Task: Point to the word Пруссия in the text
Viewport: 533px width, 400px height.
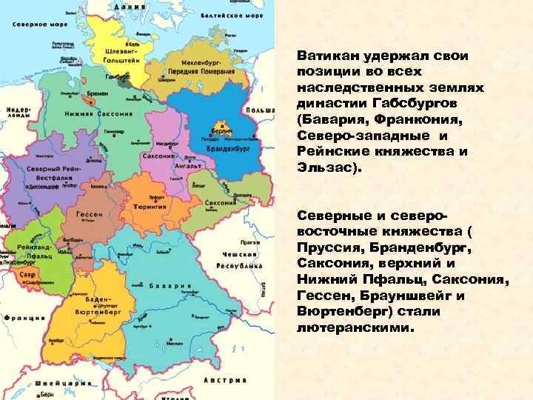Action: (x=328, y=247)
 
